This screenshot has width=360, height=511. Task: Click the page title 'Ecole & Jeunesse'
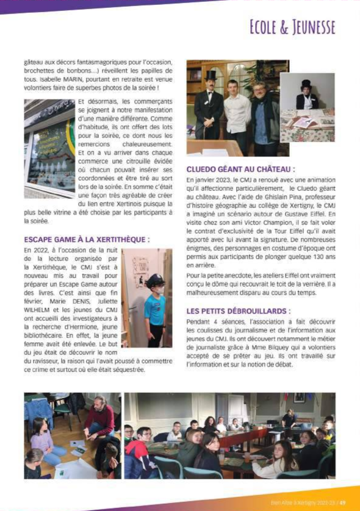pyautogui.click(x=292, y=27)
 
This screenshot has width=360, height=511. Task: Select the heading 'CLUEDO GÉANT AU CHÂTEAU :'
pyautogui.click(x=240, y=169)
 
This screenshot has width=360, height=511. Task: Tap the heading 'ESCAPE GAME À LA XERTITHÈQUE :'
pyautogui.click(x=87, y=240)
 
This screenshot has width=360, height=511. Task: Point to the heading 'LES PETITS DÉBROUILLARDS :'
pyautogui.click(x=238, y=311)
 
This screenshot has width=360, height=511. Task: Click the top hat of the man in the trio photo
pyautogui.click(x=211, y=75)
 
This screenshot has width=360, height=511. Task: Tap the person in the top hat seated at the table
pyautogui.click(x=306, y=95)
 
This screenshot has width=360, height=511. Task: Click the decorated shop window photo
pyautogui.click(x=49, y=146)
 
